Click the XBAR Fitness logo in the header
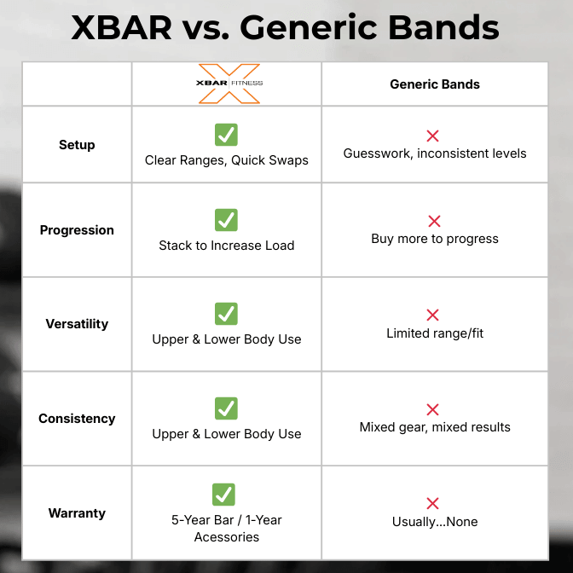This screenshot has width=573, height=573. tap(229, 84)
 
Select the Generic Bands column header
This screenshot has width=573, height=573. tap(434, 84)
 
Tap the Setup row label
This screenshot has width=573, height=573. tap(77, 145)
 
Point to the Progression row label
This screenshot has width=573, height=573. tap(77, 230)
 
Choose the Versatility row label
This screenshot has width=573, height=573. tap(77, 324)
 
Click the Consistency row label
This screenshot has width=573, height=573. tap(77, 419)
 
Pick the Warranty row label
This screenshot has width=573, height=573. tap(77, 513)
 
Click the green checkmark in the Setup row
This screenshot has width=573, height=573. tap(226, 135)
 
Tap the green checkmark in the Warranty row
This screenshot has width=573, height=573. tap(223, 495)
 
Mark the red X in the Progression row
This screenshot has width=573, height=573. tap(434, 222)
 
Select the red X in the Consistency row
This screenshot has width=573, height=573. tap(433, 410)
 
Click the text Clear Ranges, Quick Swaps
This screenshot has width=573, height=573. tap(227, 160)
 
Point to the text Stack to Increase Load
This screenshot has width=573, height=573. tap(227, 246)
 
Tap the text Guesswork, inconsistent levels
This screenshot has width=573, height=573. tap(435, 153)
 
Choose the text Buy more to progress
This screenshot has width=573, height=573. tap(435, 239)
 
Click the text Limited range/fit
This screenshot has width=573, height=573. tap(435, 333)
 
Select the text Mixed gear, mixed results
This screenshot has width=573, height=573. tap(435, 427)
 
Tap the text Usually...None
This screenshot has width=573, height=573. tap(435, 522)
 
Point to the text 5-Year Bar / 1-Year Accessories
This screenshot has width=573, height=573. tap(227, 529)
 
